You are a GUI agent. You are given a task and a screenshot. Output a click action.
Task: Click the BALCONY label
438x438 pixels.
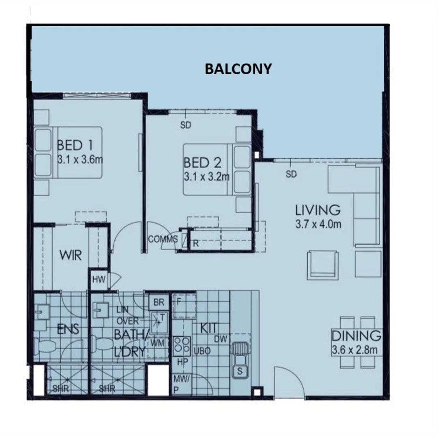click(x=238, y=69)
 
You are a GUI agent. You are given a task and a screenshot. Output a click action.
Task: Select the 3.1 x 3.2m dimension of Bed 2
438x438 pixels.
click(x=206, y=177)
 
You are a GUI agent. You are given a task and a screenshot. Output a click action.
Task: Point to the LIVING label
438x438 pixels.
click(x=318, y=210)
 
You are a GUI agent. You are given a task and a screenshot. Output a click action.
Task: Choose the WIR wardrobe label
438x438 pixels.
click(x=71, y=255)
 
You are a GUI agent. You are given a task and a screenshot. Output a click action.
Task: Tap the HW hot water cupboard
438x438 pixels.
click(x=99, y=279)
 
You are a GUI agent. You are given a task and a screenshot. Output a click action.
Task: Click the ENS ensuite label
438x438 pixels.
click(x=68, y=329)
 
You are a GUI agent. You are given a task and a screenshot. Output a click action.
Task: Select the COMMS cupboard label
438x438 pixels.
click(x=163, y=239)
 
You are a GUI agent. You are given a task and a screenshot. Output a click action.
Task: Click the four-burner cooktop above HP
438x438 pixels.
click(x=182, y=346)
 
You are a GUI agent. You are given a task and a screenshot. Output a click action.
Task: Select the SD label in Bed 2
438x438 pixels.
click(x=185, y=125)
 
